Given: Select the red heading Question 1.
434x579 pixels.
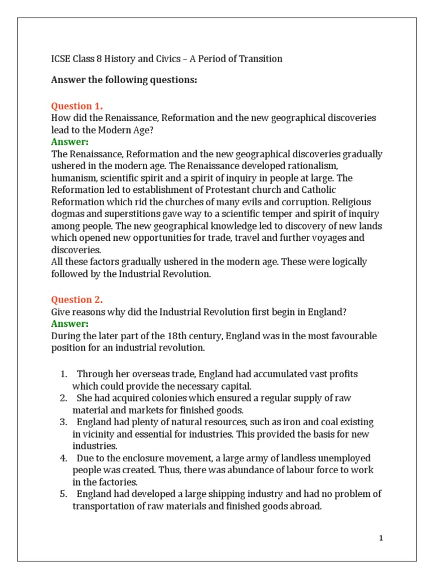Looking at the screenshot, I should (77, 106).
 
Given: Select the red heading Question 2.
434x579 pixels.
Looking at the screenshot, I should (77, 300).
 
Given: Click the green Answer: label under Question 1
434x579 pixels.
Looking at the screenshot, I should (70, 142).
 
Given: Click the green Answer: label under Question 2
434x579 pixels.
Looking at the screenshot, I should (70, 324).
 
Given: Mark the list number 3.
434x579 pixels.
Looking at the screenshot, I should (63, 422).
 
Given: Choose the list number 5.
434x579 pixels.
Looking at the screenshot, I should (63, 494).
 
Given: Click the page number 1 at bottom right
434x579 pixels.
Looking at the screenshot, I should (381, 538).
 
